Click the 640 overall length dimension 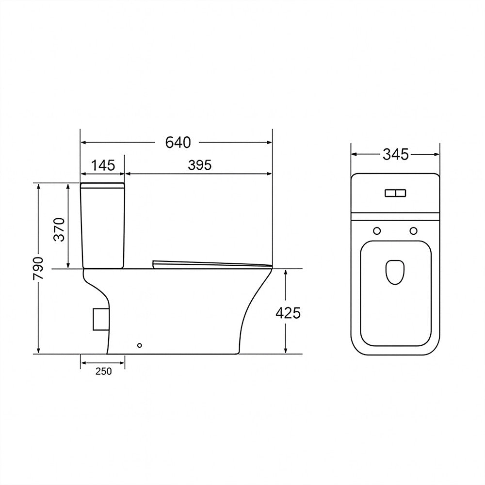[178, 143]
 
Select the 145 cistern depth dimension [103, 165]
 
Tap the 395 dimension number [200, 165]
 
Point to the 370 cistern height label [59, 229]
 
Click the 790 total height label [39, 268]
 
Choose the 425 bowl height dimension [288, 313]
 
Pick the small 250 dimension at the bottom [103, 371]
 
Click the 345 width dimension [396, 154]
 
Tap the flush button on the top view [395, 194]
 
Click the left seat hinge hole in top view [377, 231]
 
